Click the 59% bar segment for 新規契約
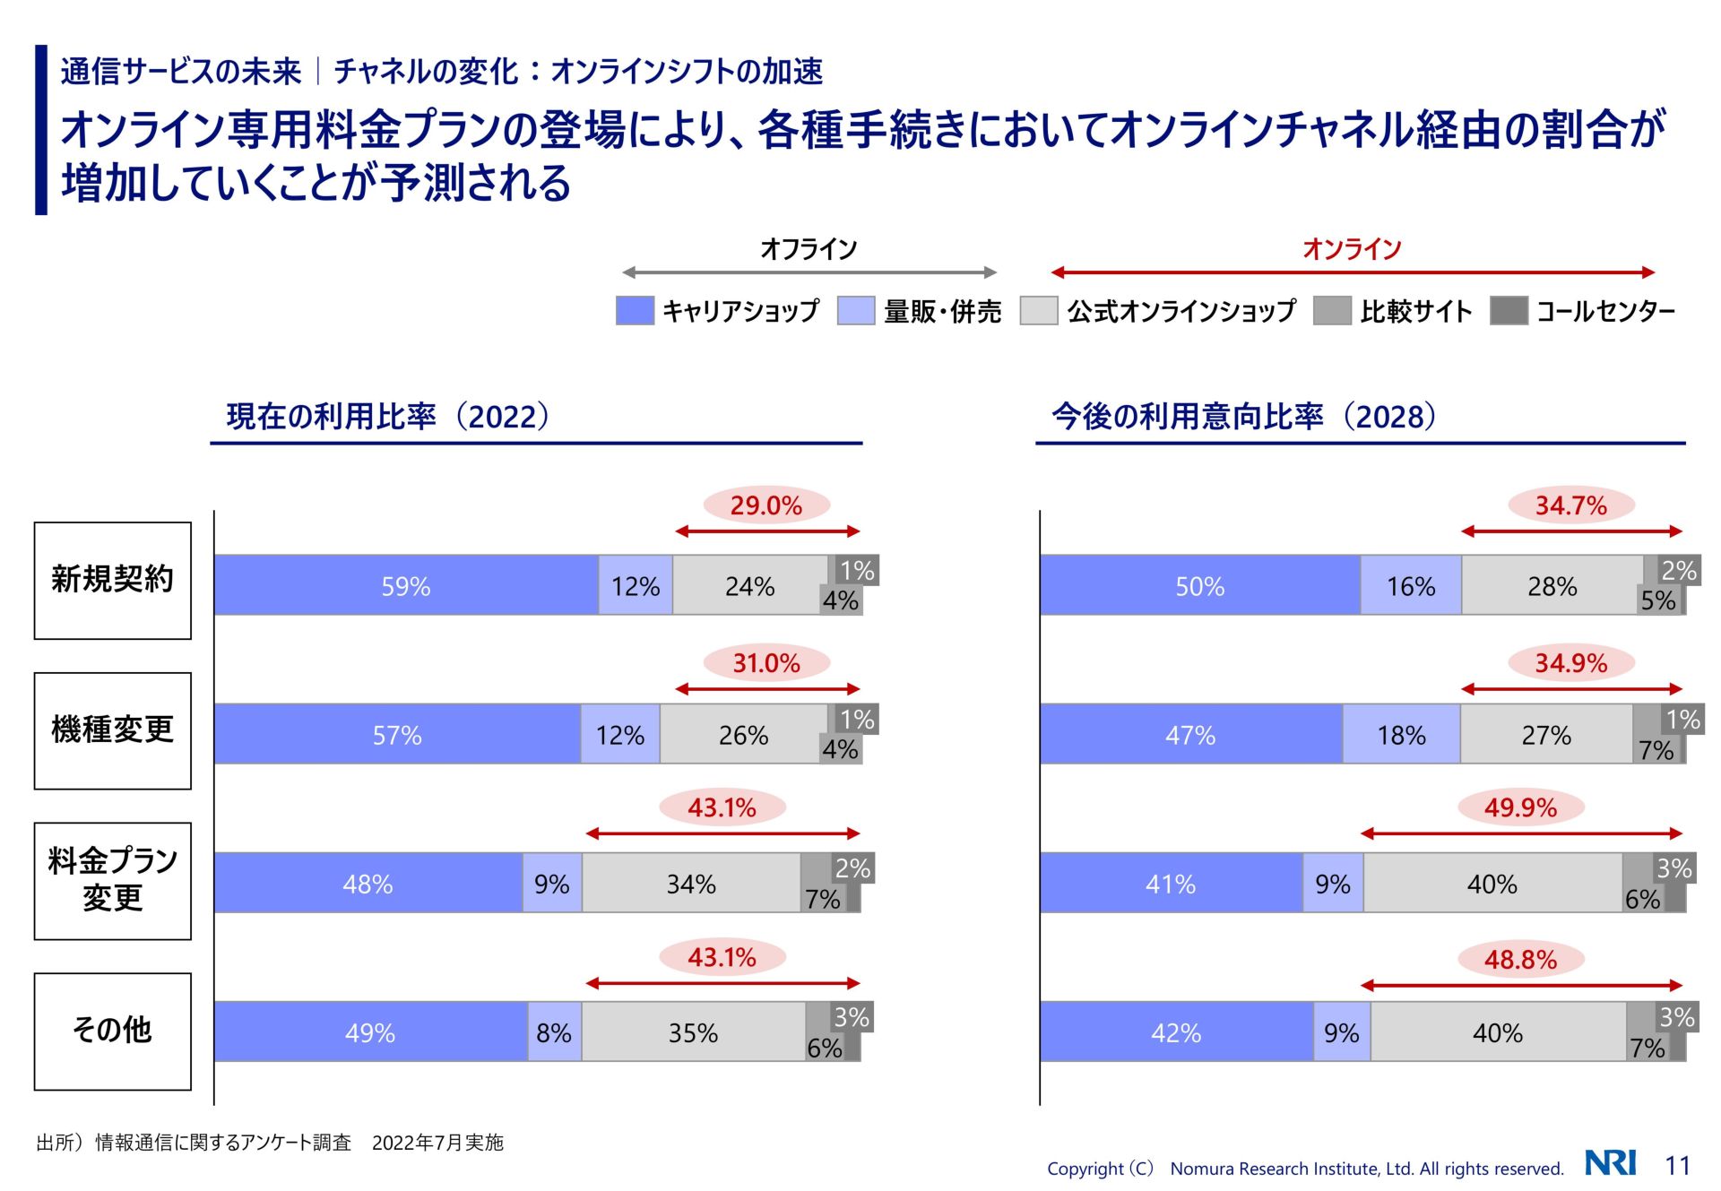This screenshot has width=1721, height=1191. (406, 586)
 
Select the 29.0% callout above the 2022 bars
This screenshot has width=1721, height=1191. (766, 505)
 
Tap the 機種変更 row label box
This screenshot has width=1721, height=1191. (113, 730)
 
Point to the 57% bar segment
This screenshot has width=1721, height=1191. (397, 735)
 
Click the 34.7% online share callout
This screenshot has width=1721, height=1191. (1571, 505)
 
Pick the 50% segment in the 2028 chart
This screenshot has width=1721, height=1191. (1199, 586)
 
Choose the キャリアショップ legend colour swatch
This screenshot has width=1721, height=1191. (635, 311)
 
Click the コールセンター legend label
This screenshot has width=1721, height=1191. (1605, 311)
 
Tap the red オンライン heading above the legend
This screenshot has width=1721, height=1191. (1352, 248)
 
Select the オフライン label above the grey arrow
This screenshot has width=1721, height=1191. (809, 248)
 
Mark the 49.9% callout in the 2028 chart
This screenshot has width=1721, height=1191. (1520, 807)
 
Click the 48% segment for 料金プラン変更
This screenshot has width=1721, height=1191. (368, 884)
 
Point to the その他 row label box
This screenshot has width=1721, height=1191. (113, 1031)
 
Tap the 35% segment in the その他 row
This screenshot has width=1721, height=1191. (693, 1032)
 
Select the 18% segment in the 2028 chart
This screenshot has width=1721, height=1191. (1401, 735)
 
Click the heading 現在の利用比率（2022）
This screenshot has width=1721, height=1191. (387, 416)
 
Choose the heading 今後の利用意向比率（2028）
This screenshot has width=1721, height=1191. (1243, 416)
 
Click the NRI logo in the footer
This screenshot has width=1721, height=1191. (1611, 1163)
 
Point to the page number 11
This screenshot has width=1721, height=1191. (1677, 1165)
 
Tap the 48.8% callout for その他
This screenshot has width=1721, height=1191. (1520, 959)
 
